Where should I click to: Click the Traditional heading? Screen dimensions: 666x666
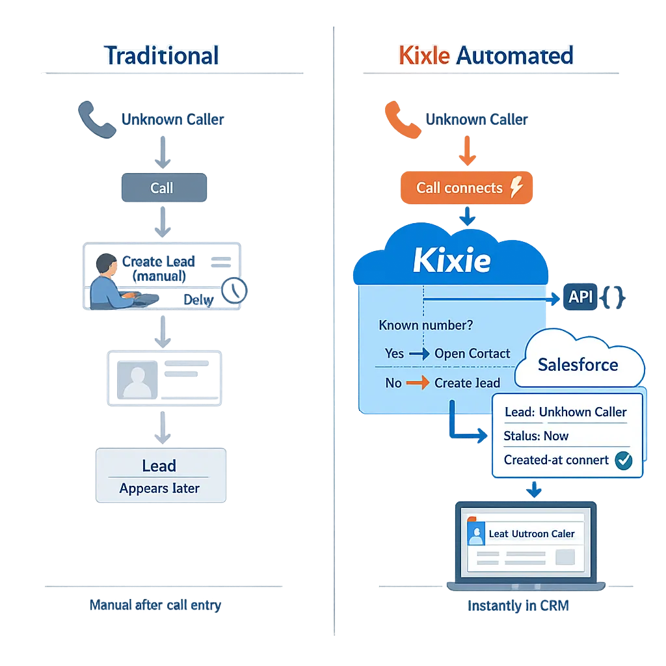click(x=161, y=56)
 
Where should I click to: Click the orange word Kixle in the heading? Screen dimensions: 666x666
click(x=423, y=56)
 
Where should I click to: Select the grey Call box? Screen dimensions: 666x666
click(x=163, y=188)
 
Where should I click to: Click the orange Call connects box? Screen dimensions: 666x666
click(x=465, y=188)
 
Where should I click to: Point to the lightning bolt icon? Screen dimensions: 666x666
click(x=516, y=188)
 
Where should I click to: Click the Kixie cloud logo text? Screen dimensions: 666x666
click(x=451, y=261)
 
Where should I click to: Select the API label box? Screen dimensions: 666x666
click(x=580, y=298)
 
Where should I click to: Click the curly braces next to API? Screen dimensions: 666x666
click(x=613, y=298)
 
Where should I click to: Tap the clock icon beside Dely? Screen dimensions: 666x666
click(x=234, y=291)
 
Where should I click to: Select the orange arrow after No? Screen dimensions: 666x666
click(x=418, y=383)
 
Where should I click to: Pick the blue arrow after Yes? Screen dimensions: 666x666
click(x=420, y=354)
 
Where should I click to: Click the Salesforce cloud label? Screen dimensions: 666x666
click(x=578, y=364)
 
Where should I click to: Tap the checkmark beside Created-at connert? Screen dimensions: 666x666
click(x=624, y=460)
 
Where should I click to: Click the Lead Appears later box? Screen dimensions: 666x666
click(x=160, y=476)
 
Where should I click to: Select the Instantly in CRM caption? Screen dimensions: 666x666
click(x=518, y=606)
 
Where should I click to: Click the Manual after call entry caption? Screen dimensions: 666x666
click(x=155, y=606)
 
